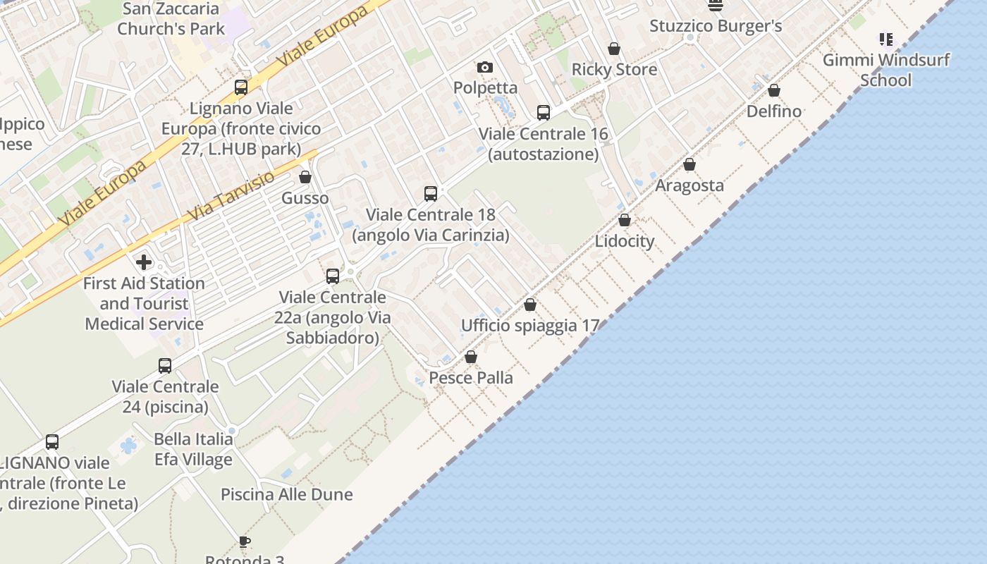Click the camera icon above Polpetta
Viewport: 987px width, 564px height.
[x=485, y=67]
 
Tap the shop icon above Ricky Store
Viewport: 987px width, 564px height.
[x=614, y=49]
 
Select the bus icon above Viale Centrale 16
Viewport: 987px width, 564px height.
[x=544, y=113]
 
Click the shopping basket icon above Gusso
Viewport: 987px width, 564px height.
[x=305, y=177]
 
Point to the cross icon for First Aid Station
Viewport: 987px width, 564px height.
[x=144, y=262]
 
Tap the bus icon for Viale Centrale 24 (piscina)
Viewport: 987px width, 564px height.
[x=165, y=366]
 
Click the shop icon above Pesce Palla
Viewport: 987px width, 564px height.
[x=471, y=357]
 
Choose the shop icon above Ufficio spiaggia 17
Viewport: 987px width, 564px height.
[x=530, y=305]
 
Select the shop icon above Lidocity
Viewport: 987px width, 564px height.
[x=625, y=220]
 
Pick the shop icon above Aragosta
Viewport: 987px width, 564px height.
[x=689, y=164]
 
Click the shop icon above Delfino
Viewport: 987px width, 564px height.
[x=774, y=90]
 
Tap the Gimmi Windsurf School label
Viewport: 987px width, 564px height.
[x=886, y=70]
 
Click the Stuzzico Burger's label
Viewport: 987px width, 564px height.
[x=716, y=27]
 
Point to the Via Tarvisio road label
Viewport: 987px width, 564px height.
[x=232, y=197]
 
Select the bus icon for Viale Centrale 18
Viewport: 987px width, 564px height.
[x=431, y=193]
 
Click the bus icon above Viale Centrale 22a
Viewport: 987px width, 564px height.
[x=333, y=276]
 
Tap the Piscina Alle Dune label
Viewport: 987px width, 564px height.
[x=287, y=494]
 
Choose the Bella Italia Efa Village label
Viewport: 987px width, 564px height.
[x=193, y=449]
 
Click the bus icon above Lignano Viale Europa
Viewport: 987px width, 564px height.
[x=241, y=87]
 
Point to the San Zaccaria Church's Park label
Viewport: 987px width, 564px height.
[x=171, y=19]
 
